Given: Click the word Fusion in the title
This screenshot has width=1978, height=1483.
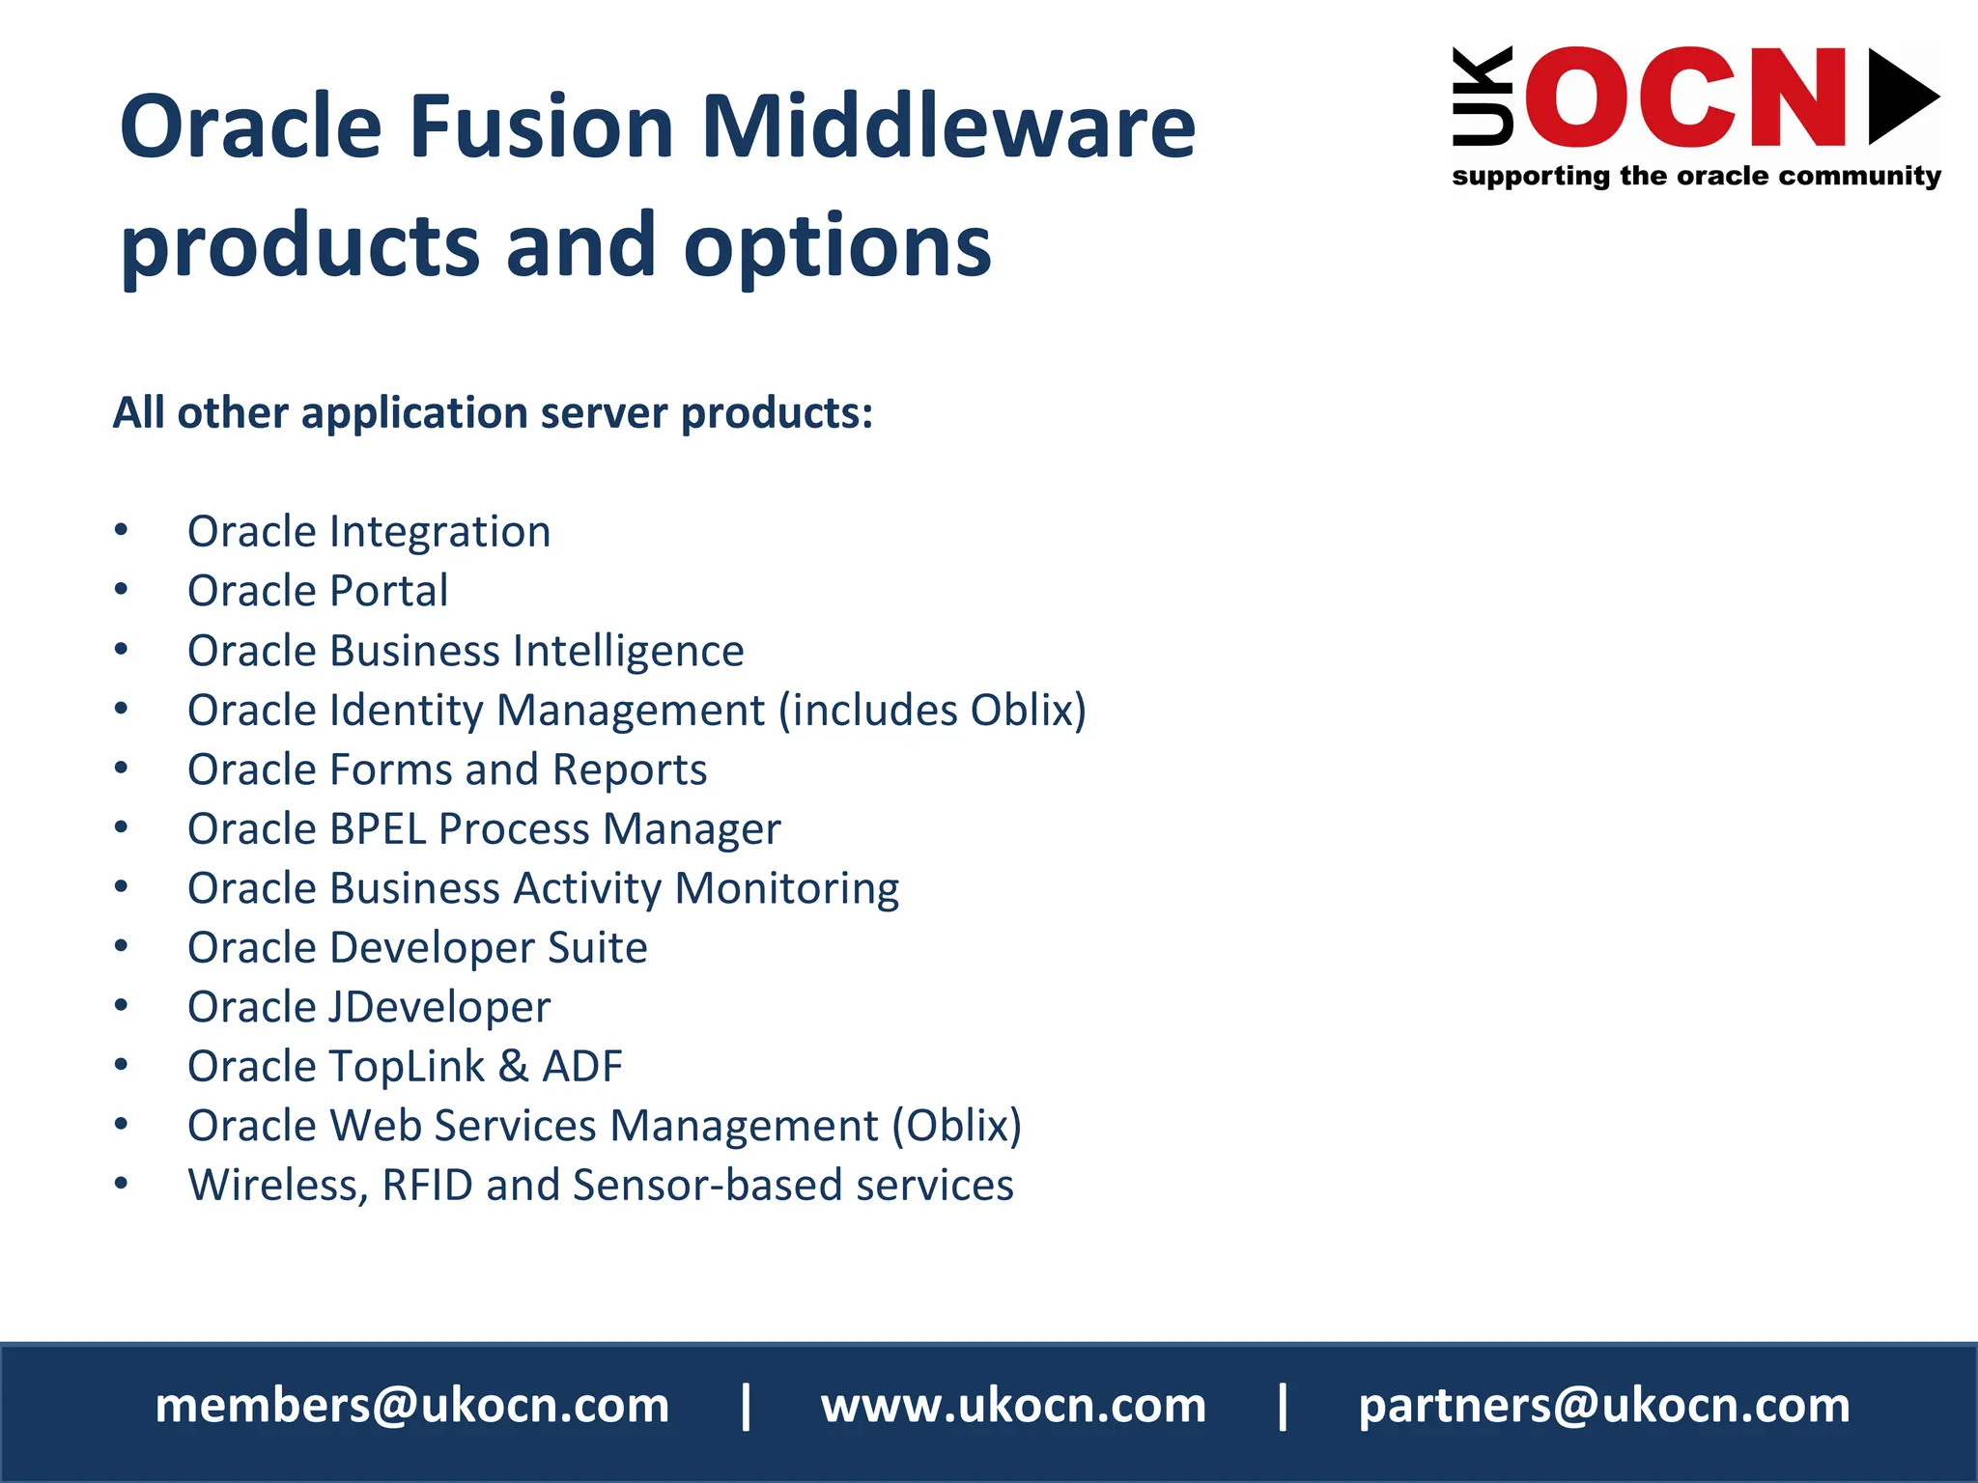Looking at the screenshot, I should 541,126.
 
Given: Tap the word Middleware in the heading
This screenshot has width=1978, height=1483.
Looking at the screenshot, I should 947,126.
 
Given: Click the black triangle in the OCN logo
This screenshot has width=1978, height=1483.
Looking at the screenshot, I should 1901,97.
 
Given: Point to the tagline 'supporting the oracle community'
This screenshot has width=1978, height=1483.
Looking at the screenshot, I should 1696,176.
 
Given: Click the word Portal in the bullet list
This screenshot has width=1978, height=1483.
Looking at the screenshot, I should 388,591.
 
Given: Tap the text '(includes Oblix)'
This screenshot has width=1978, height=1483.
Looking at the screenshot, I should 933,710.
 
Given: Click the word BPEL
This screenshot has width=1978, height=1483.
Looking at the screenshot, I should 378,828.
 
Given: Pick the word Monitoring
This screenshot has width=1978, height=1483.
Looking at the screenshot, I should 787,888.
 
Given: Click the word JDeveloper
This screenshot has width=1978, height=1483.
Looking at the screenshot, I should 439,1007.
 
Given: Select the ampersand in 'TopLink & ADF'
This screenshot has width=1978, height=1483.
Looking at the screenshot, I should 513,1067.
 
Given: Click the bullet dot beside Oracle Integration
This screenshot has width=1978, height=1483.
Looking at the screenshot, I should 121,530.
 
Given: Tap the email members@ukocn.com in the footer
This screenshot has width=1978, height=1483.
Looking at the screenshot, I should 412,1405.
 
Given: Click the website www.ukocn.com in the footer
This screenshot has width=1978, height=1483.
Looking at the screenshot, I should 1013,1405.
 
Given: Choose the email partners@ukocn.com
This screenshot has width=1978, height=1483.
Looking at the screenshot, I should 1604,1405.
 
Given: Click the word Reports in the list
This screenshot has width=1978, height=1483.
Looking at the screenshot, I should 630,769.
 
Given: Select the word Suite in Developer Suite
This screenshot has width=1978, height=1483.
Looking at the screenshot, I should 597,947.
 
